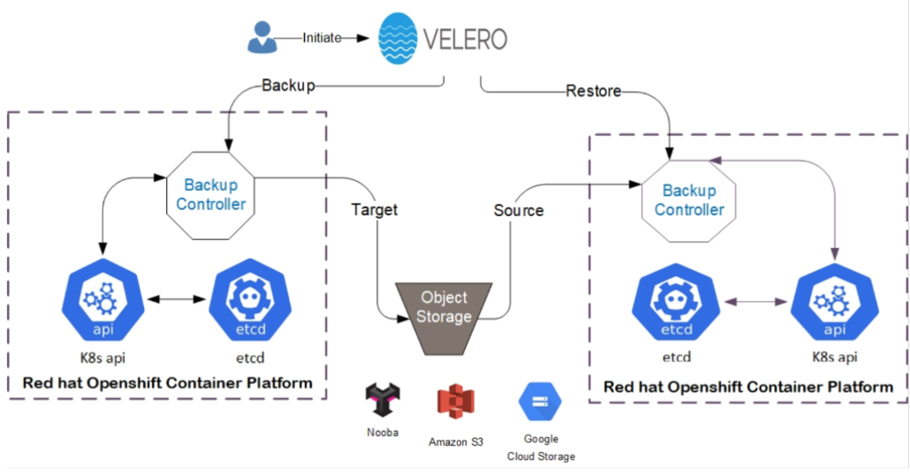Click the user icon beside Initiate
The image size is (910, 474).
[262, 37]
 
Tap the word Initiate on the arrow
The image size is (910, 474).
[322, 38]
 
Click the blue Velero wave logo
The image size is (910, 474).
[398, 38]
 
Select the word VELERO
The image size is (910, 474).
[466, 40]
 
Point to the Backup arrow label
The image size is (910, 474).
[288, 86]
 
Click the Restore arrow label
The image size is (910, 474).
[593, 91]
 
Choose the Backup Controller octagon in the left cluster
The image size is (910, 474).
[210, 196]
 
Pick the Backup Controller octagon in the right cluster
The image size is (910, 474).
[689, 200]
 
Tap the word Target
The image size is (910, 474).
[375, 209]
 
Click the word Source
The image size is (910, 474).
[519, 210]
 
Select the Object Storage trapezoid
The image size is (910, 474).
[444, 319]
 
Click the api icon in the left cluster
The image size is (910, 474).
[102, 300]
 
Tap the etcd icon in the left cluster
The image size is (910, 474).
[250, 300]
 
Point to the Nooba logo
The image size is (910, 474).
[383, 399]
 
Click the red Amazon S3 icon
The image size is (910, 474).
[456, 402]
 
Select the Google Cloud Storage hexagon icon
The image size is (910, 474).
[541, 402]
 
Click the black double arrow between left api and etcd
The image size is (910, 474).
[177, 299]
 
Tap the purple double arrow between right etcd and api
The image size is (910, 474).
[755, 302]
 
